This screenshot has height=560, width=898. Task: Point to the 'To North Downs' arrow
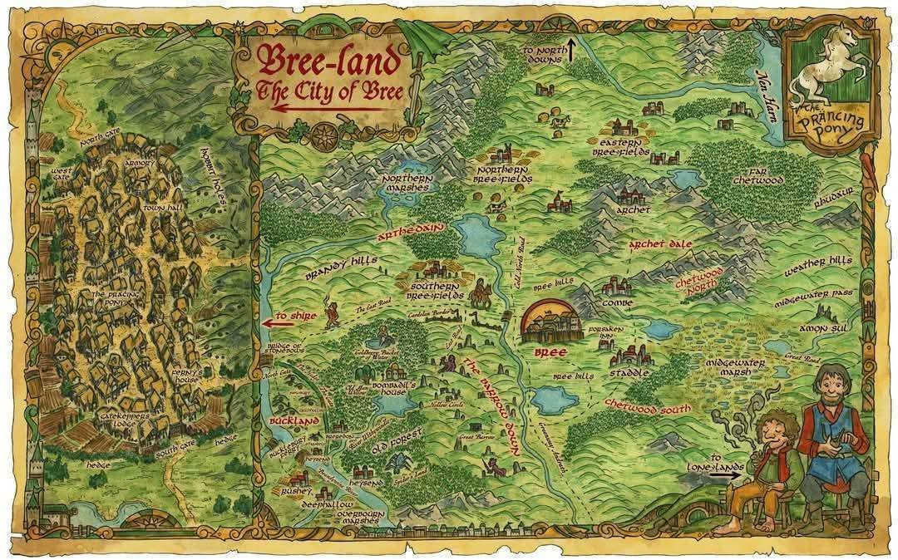(x=571, y=49)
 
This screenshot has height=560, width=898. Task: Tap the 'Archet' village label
(x=633, y=210)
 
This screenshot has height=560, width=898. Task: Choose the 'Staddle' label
(x=629, y=373)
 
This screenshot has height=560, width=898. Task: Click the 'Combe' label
(x=618, y=303)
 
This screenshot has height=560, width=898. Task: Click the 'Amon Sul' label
(x=822, y=328)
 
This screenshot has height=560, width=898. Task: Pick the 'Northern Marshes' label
(x=405, y=183)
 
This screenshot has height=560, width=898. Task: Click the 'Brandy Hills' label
(x=340, y=267)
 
